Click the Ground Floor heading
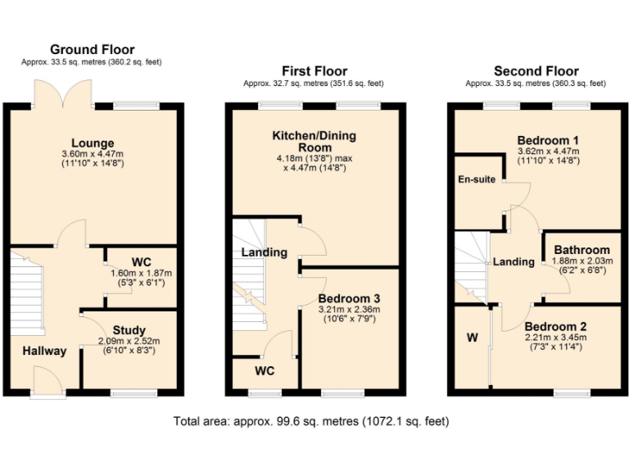click(93, 50)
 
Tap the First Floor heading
click(314, 71)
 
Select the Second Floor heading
click(536, 71)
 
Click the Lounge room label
click(93, 143)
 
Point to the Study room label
click(129, 330)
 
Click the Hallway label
click(44, 351)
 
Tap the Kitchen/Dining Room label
click(315, 141)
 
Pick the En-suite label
click(476, 179)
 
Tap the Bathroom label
click(581, 250)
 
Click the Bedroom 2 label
click(555, 324)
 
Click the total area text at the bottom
click(311, 422)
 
